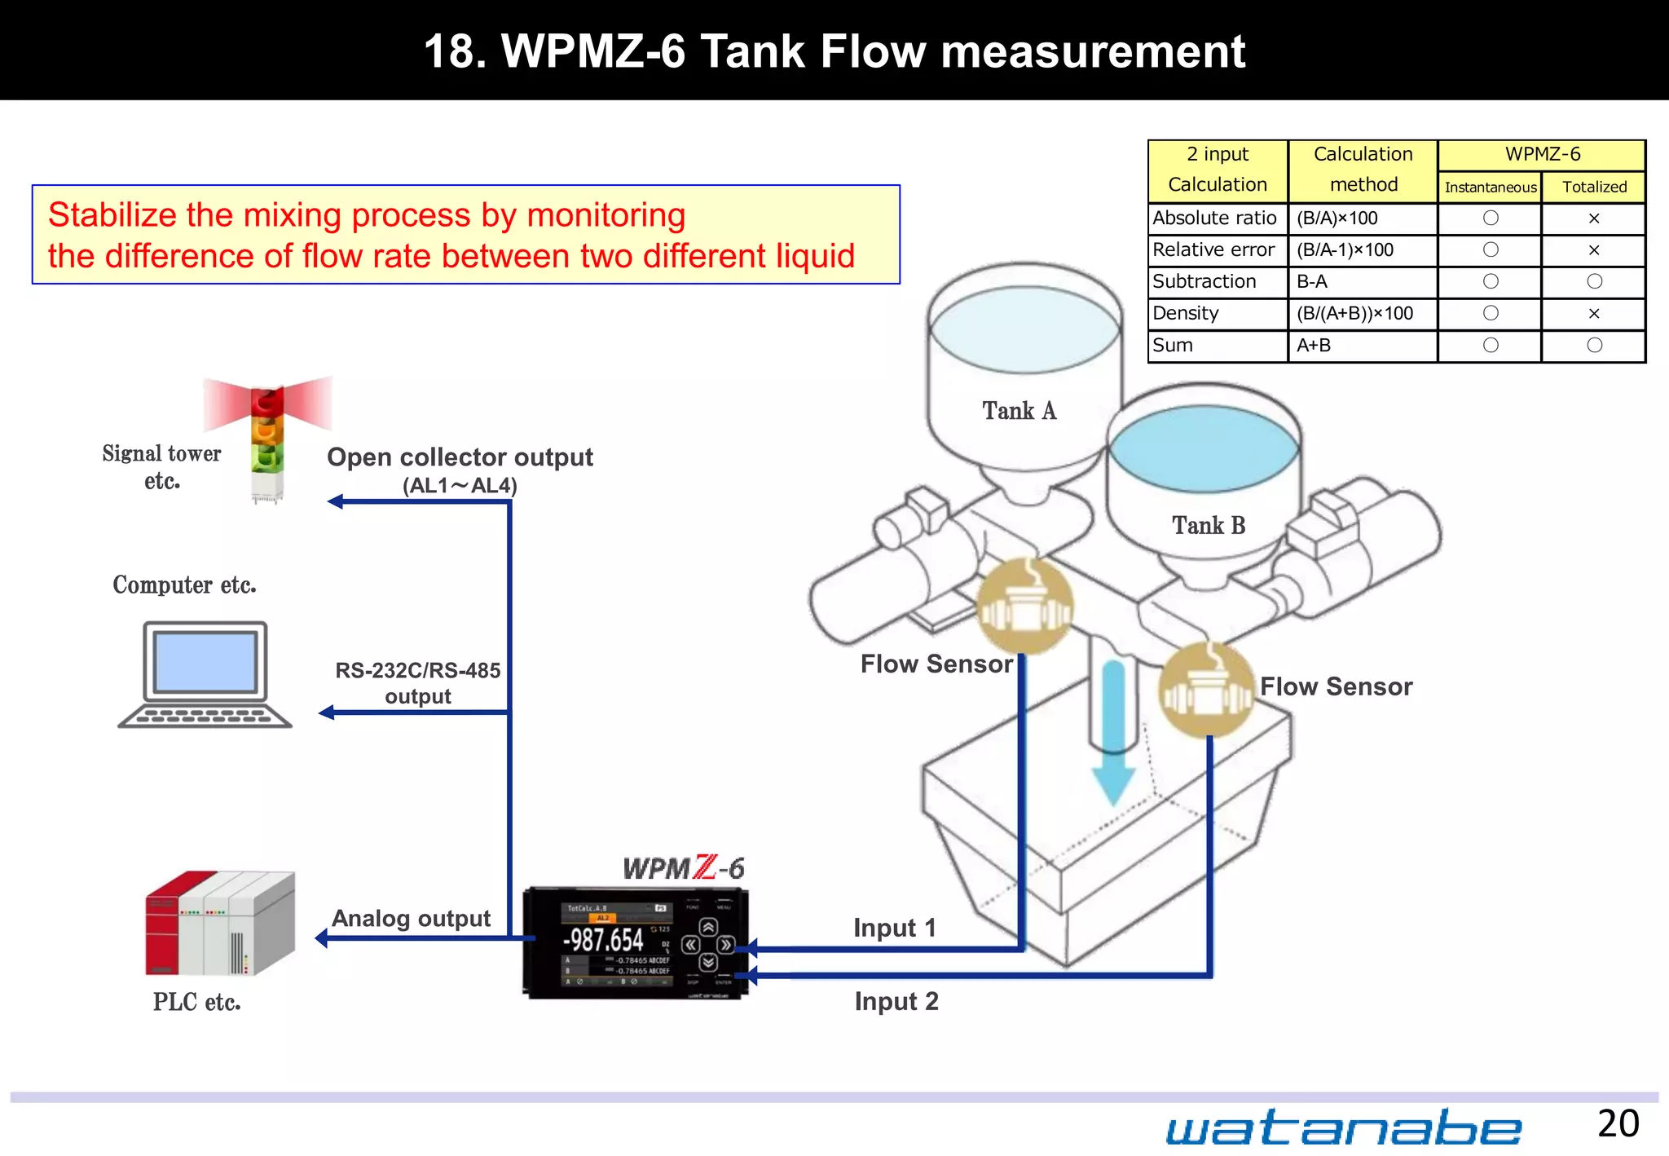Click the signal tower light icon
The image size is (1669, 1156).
tap(267, 440)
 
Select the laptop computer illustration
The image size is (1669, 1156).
tap(205, 675)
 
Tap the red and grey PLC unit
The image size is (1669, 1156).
tap(220, 924)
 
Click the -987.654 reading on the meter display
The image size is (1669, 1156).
tap(604, 940)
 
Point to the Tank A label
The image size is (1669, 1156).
tap(1019, 411)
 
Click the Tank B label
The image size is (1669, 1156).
tap(1209, 526)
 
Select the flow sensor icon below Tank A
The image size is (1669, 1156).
tap(1024, 607)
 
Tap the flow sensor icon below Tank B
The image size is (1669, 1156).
tap(1206, 690)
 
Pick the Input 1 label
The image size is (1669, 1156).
tap(894, 928)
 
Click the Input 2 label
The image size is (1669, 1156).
tap(896, 1001)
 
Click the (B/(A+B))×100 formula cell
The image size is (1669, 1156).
tap(1354, 314)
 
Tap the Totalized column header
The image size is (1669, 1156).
tap(1594, 188)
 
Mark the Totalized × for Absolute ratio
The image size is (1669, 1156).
tap(1594, 218)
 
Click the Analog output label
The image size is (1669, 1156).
tap(411, 919)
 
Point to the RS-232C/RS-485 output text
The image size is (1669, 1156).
tap(418, 683)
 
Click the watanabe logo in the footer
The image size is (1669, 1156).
tap(1343, 1127)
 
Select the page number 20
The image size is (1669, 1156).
tap(1618, 1123)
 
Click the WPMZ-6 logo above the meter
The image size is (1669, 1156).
tap(683, 868)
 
